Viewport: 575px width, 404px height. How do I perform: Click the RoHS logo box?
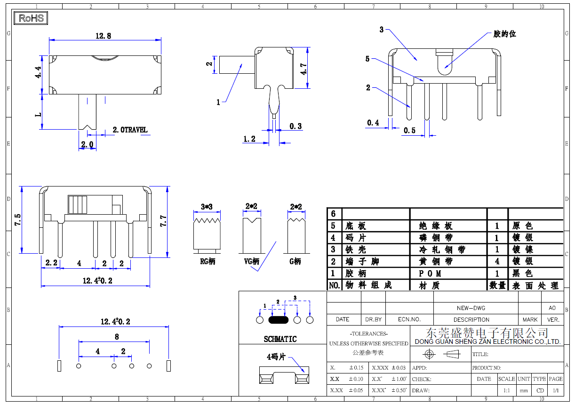pyautogui.click(x=31, y=18)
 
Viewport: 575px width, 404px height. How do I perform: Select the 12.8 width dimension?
pyautogui.click(x=104, y=36)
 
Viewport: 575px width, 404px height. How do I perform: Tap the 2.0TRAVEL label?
pyautogui.click(x=130, y=130)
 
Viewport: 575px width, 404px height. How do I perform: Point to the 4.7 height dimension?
pyautogui.click(x=304, y=70)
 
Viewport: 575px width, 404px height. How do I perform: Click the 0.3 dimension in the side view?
pyautogui.click(x=295, y=126)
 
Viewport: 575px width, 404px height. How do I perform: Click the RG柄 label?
pyautogui.click(x=208, y=261)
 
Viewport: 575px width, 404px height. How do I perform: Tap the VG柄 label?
pyautogui.click(x=252, y=261)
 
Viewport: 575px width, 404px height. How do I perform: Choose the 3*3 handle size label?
pyautogui.click(x=207, y=207)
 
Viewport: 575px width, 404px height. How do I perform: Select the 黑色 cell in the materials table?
pyautogui.click(x=522, y=273)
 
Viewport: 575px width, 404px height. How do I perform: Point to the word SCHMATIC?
pyautogui.click(x=280, y=339)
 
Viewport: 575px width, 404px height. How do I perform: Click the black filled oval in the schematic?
pyautogui.click(x=278, y=320)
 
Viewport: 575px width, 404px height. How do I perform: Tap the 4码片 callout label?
pyautogui.click(x=276, y=357)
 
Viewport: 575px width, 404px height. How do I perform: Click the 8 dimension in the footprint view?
pyautogui.click(x=117, y=336)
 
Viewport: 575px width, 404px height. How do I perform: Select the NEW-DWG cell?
pyautogui.click(x=471, y=308)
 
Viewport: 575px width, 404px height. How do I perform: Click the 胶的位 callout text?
pyautogui.click(x=504, y=34)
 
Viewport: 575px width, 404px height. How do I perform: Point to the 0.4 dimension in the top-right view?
pyautogui.click(x=373, y=123)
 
